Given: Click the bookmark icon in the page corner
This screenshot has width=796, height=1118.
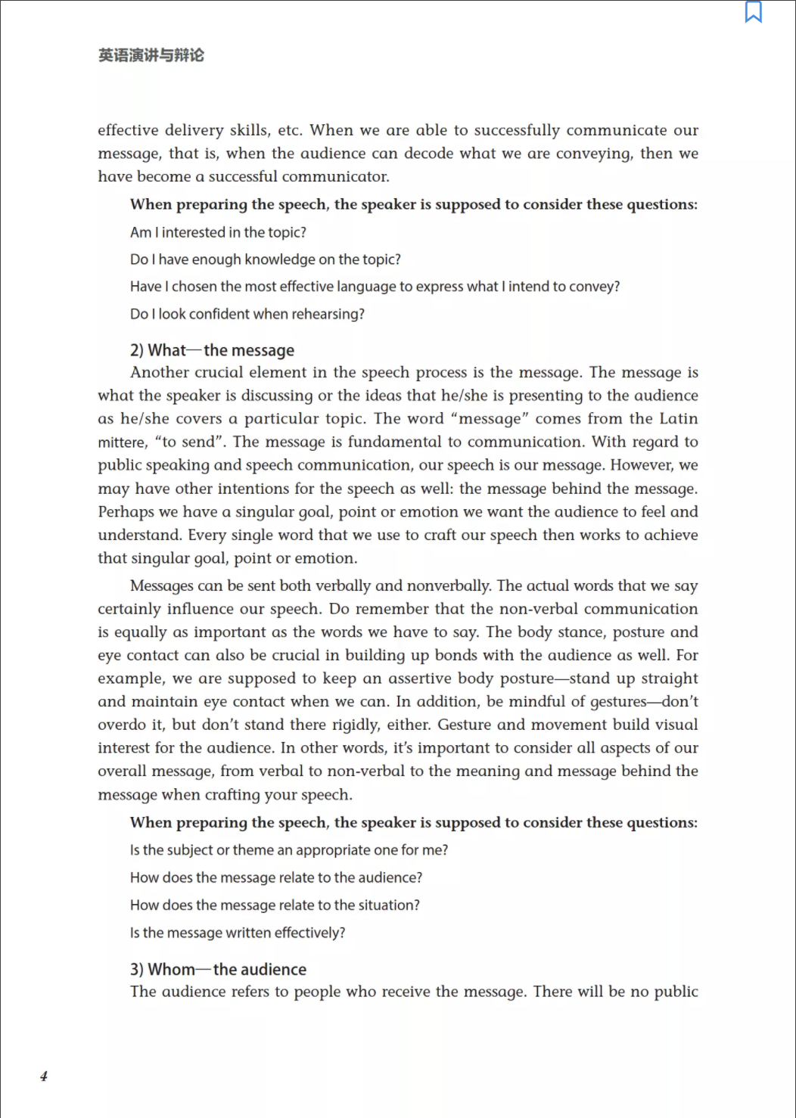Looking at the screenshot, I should (x=754, y=12).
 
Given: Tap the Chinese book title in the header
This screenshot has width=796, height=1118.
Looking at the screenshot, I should (x=151, y=55).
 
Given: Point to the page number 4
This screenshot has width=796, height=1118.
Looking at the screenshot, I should (x=44, y=1076).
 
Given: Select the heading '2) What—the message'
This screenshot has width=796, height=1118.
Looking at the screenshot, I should (x=212, y=350).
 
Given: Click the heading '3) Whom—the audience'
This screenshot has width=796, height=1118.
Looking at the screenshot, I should (x=218, y=970).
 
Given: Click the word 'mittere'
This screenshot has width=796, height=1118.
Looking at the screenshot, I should (x=121, y=443).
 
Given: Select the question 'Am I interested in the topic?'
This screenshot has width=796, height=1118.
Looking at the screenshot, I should (x=218, y=233).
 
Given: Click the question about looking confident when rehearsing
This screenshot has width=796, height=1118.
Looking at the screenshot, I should (x=247, y=315).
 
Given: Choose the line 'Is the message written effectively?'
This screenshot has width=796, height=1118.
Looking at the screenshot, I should (x=237, y=933).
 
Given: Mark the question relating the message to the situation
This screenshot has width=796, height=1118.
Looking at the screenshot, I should (x=275, y=905).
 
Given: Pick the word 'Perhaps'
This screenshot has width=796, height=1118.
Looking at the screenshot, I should (x=126, y=512).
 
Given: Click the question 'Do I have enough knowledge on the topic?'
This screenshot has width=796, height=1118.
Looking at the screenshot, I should (x=265, y=260).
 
